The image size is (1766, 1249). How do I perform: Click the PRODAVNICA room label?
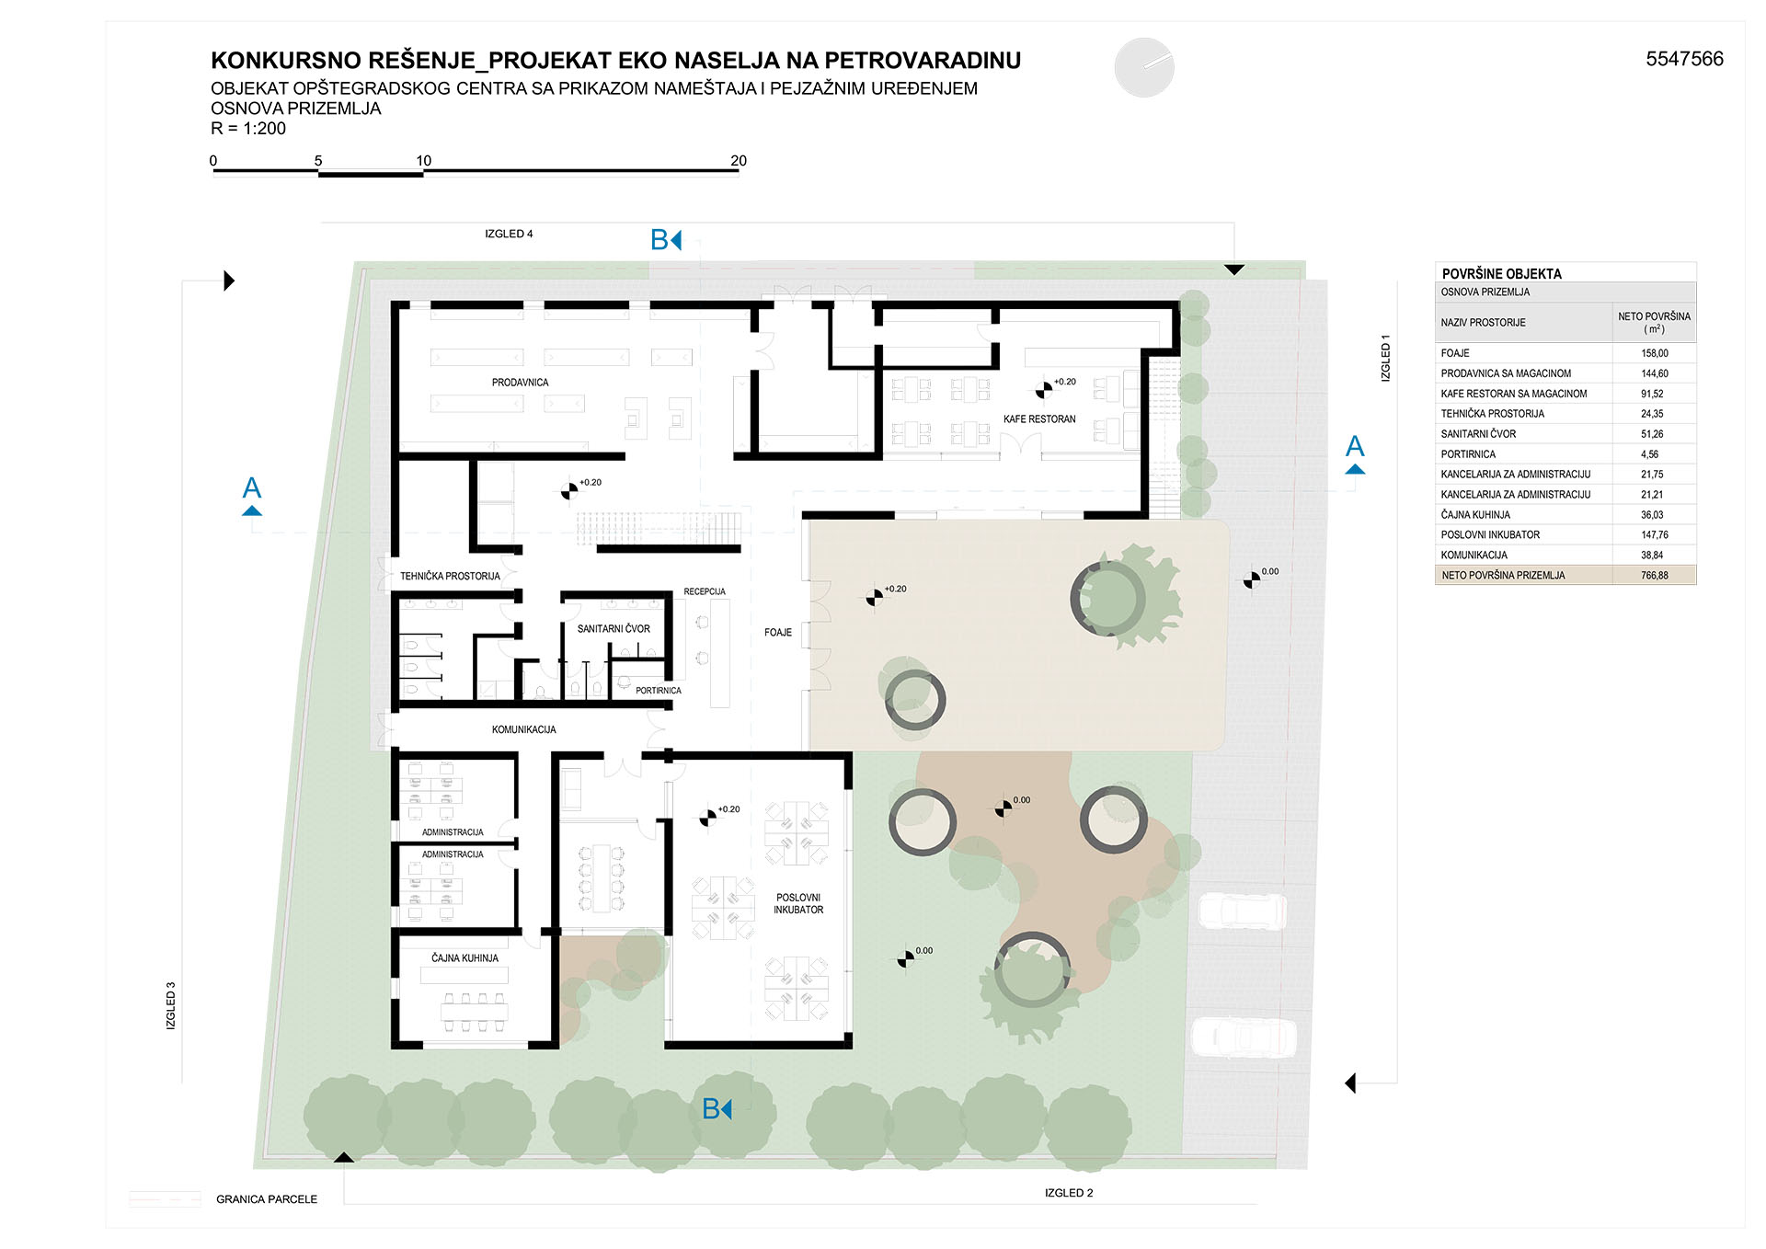(x=520, y=383)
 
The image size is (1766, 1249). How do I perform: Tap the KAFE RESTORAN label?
(x=1039, y=419)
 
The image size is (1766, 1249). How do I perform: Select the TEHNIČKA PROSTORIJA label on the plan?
(x=450, y=577)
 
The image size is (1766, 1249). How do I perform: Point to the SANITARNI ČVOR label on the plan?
(x=614, y=629)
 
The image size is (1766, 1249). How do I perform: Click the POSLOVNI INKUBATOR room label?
(x=798, y=903)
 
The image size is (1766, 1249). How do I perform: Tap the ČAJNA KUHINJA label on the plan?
(x=464, y=958)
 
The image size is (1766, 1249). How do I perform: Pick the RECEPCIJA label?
(x=705, y=591)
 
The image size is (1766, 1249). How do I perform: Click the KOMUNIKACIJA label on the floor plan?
(x=523, y=729)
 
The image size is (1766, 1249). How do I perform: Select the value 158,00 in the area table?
(x=1654, y=353)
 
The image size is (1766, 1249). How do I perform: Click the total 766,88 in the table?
(x=1654, y=576)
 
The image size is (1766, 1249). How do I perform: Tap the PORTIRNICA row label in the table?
(x=1468, y=454)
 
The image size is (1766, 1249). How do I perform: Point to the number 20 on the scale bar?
(x=739, y=161)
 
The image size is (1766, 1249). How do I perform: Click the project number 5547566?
(x=1684, y=59)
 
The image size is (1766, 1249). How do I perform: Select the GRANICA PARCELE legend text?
(x=267, y=1199)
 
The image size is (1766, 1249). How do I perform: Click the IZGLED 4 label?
(x=509, y=234)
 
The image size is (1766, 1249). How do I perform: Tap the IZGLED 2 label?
(x=1069, y=1193)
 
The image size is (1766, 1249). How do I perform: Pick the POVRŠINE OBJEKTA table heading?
(x=1501, y=274)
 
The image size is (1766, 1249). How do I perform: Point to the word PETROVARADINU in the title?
(x=923, y=61)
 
